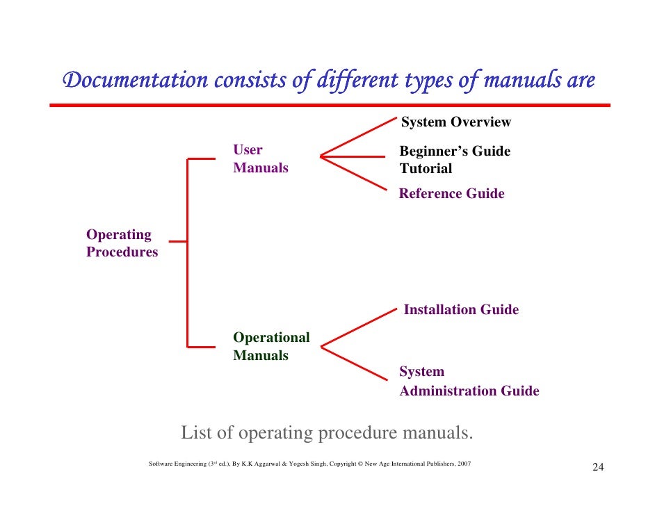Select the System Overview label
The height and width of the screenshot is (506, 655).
tap(455, 122)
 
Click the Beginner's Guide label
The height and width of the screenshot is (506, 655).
tap(455, 151)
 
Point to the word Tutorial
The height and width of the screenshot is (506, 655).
tap(426, 169)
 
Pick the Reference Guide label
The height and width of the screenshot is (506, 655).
tap(451, 194)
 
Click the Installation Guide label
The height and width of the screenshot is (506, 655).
tap(461, 310)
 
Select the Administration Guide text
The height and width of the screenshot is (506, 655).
tap(469, 391)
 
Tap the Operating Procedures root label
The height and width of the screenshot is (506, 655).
tap(122, 243)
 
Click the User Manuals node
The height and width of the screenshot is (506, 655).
tap(260, 158)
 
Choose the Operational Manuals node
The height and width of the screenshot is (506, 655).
tap(271, 346)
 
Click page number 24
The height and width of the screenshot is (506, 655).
tap(597, 467)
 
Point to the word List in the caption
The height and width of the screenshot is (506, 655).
tap(197, 434)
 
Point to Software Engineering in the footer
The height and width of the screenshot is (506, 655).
tap(178, 463)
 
